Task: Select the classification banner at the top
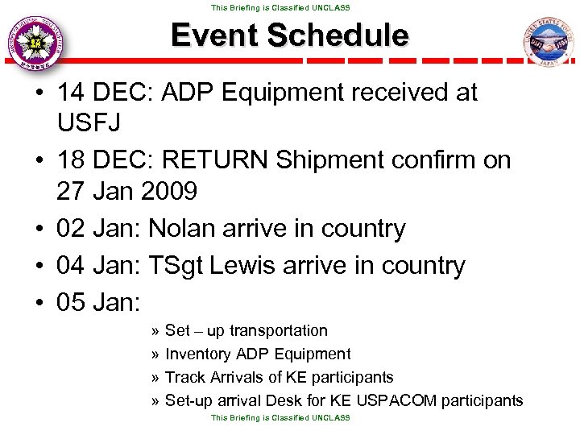[280, 7]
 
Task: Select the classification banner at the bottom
[280, 418]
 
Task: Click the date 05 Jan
[97, 303]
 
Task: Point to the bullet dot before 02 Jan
[39, 229]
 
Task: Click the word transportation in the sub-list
[279, 331]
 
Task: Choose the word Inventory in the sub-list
[197, 354]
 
